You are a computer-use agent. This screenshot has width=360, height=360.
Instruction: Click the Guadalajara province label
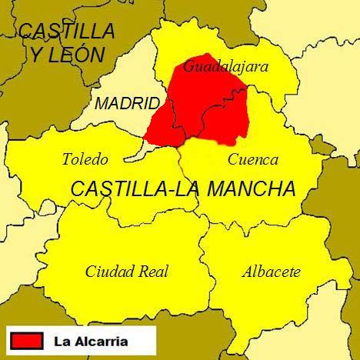coord(225,67)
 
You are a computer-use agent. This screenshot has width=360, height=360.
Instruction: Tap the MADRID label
coord(128,104)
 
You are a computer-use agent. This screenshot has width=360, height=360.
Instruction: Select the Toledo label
coord(85,160)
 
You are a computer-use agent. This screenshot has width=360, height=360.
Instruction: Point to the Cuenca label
coord(253,160)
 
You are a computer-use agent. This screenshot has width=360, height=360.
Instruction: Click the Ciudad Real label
coord(127,272)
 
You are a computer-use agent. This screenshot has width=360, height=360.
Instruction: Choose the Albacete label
coord(271,272)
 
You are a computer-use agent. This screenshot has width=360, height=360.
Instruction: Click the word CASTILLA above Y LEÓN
coord(68,32)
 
